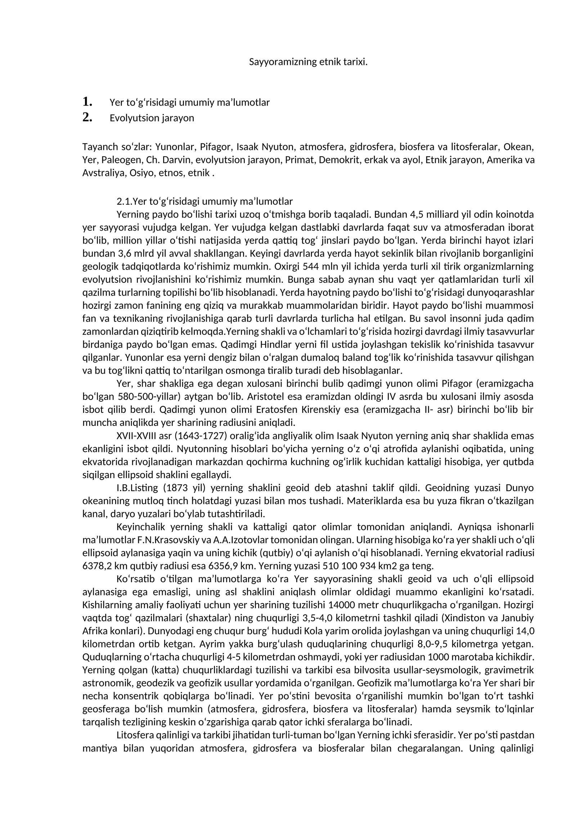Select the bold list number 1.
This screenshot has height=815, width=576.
tap(87, 102)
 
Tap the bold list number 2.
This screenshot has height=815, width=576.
tap(87, 117)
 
